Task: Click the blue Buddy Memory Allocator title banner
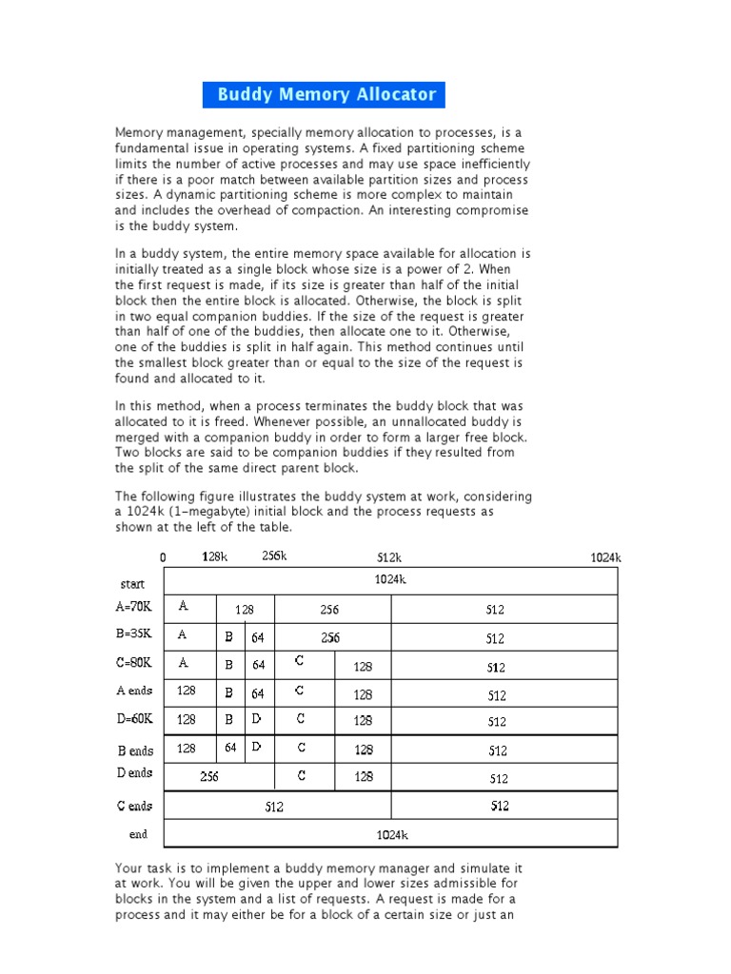(325, 94)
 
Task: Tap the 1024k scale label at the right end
(605, 557)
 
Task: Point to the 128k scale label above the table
(214, 556)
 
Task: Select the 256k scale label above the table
(274, 556)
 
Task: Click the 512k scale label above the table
(390, 557)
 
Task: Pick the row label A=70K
(133, 606)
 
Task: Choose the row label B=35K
(133, 633)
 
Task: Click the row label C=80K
(133, 662)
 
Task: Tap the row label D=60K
(133, 718)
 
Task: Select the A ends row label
(133, 692)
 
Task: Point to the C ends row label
(134, 807)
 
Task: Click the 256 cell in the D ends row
(209, 777)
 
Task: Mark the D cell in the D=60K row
(257, 719)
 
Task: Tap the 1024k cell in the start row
(391, 579)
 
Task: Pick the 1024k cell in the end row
(391, 835)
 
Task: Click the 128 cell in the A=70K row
(245, 610)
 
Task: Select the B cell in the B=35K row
(228, 638)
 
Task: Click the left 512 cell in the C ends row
(274, 808)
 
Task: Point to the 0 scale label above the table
(163, 557)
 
